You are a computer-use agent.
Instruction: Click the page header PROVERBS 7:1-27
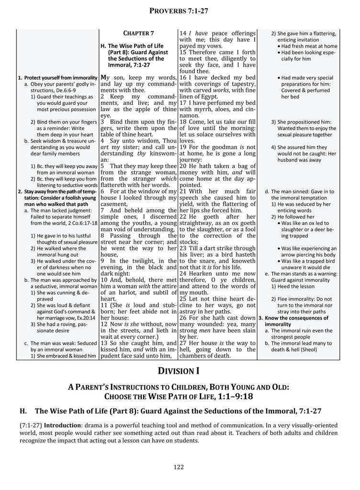(180, 11)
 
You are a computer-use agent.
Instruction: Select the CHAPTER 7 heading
(138, 33)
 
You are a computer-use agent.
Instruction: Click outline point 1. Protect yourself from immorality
(58, 78)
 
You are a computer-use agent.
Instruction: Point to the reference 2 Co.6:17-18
(77, 223)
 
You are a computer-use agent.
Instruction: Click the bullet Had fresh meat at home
(309, 46)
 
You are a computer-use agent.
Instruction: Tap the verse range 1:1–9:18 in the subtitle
(235, 396)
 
